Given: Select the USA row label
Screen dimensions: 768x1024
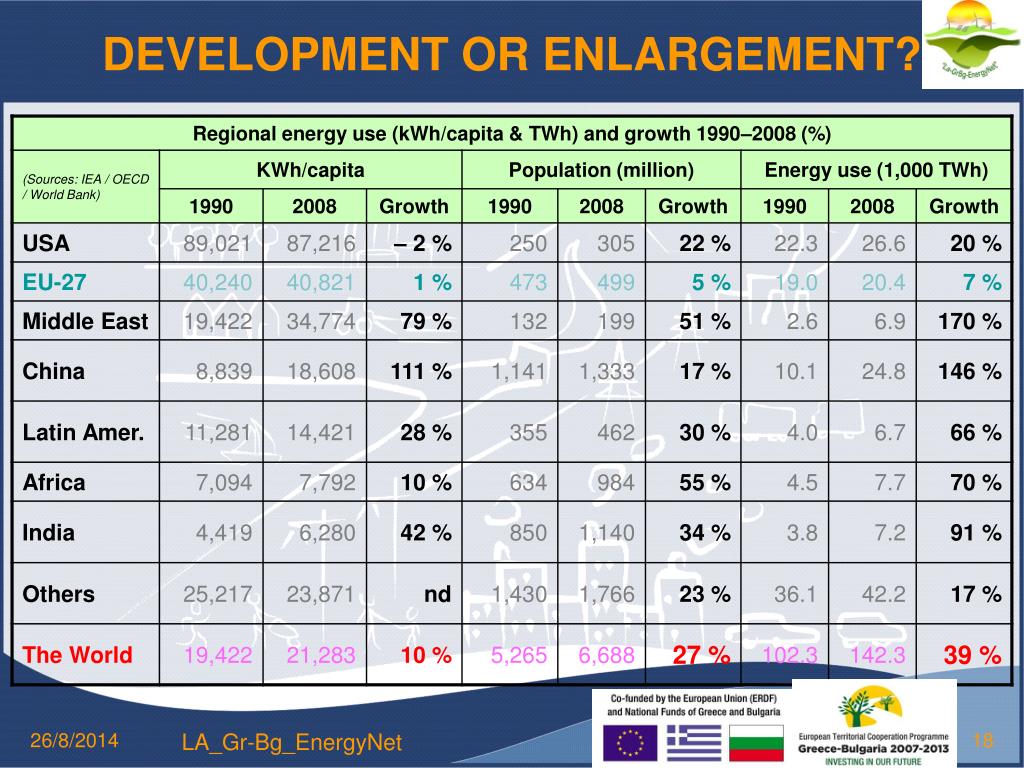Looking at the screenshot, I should point(46,244).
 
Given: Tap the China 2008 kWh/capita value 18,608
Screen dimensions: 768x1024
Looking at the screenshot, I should point(321,372).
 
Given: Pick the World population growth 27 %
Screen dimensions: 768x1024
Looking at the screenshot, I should point(703,655).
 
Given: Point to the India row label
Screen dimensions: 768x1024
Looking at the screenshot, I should point(49,533).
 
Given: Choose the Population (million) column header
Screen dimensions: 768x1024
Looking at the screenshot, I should point(601,170).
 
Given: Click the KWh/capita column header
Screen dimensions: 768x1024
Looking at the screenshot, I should point(310,170).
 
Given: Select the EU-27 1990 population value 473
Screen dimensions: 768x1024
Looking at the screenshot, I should point(527,283).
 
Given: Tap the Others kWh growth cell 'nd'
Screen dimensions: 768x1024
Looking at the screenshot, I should point(437,594).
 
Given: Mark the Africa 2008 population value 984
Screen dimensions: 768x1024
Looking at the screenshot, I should point(615,483).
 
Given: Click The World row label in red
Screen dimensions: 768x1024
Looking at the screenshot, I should point(77,655).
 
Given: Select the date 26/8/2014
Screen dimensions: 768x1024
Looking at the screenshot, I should point(74,741).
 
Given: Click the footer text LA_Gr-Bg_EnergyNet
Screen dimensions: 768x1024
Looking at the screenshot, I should point(292,742).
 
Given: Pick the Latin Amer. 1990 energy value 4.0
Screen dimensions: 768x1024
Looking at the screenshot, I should point(801,433).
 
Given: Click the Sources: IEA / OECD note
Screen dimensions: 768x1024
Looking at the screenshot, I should point(85,186).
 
